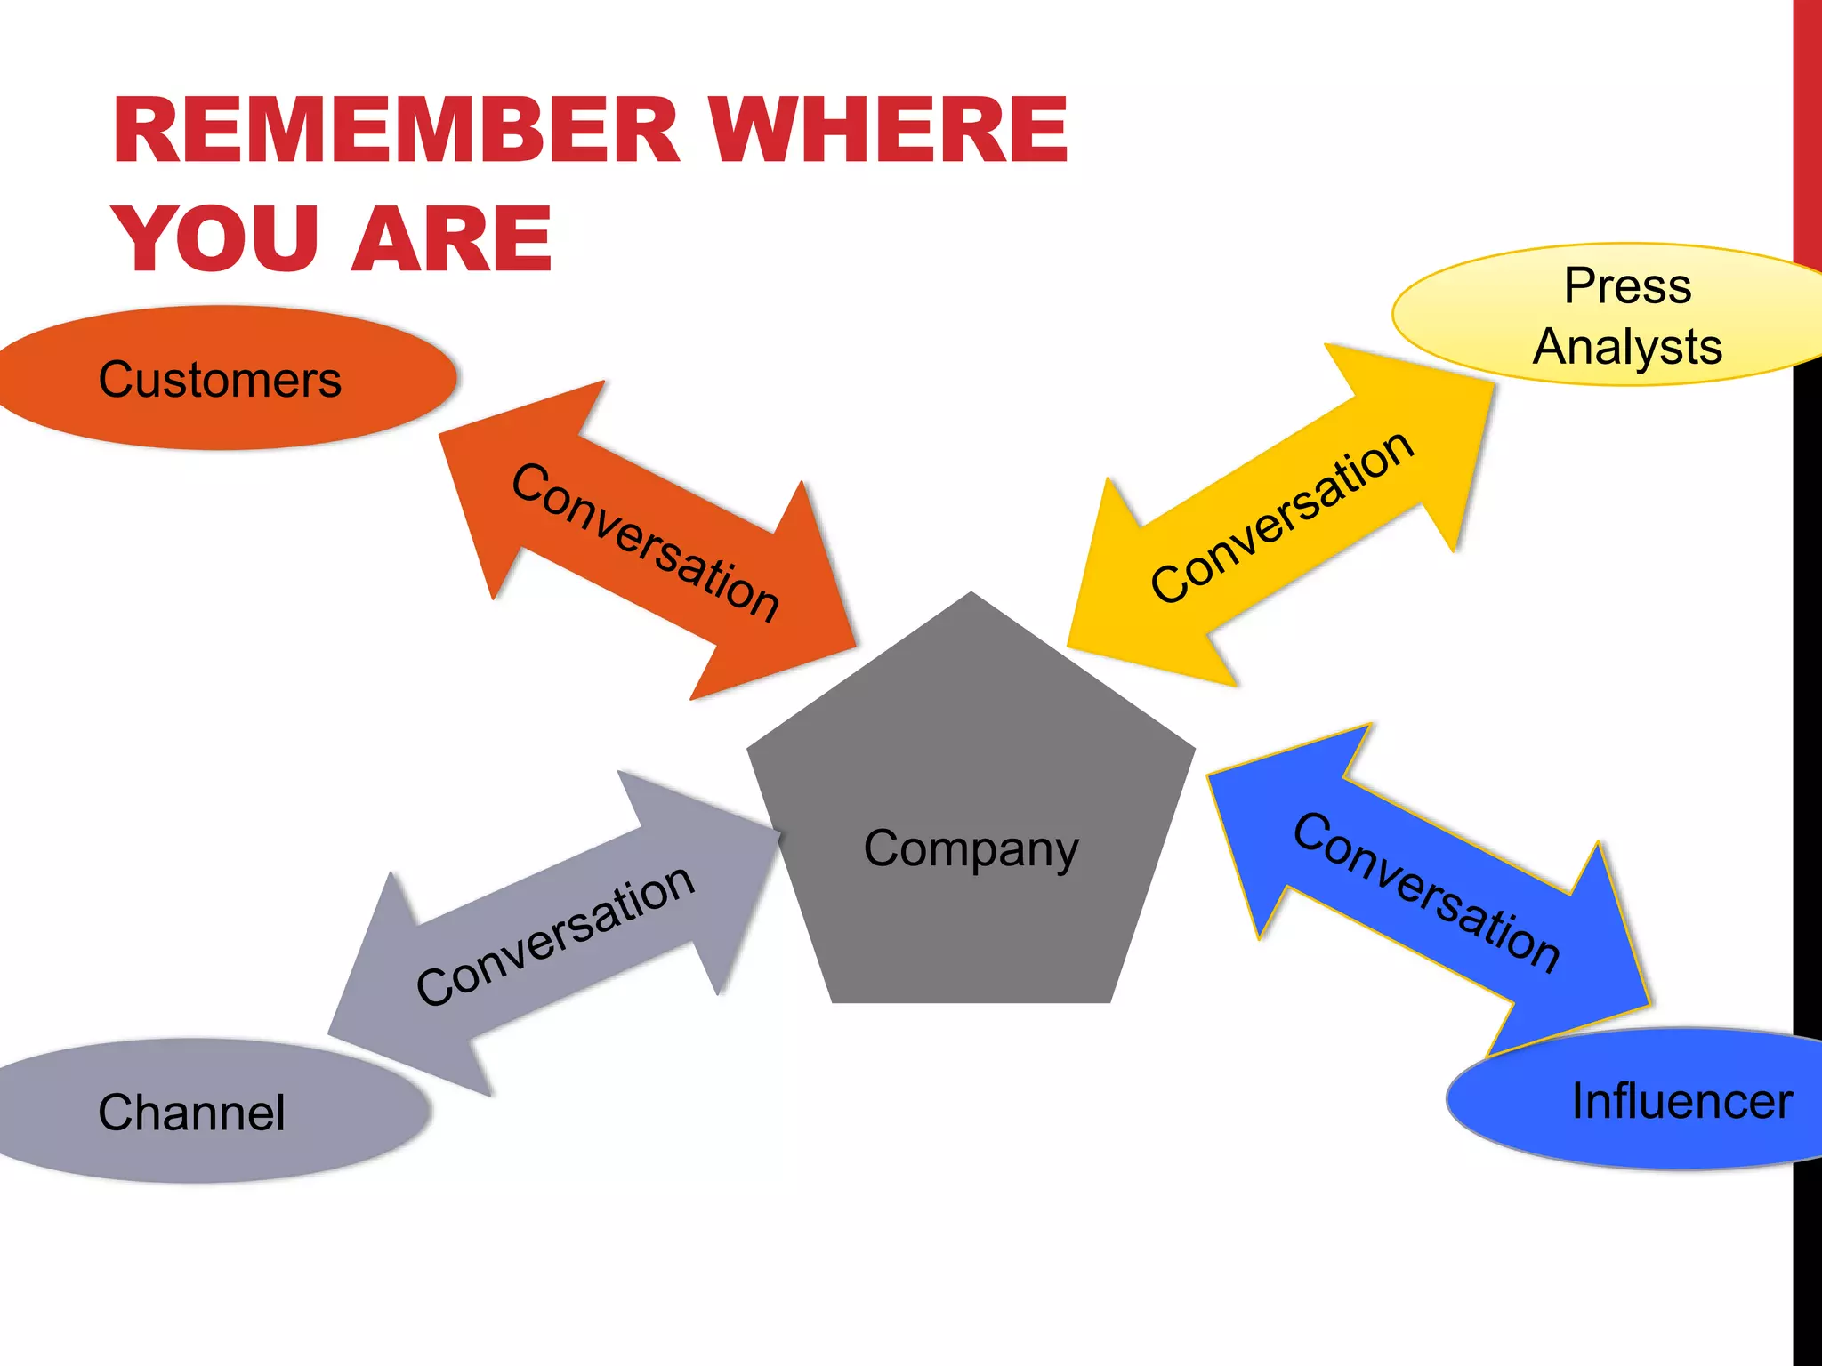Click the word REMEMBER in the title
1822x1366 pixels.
pyautogui.click(x=396, y=131)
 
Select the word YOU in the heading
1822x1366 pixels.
pyautogui.click(x=216, y=237)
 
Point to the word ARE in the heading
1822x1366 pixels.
pyautogui.click(x=452, y=237)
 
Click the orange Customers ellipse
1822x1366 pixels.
pyautogui.click(x=222, y=378)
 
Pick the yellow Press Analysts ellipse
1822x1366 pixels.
pyautogui.click(x=1610, y=315)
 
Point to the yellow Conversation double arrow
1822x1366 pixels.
pyautogui.click(x=1281, y=516)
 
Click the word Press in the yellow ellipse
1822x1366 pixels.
pyautogui.click(x=1627, y=286)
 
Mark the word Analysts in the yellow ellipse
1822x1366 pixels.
pyautogui.click(x=1627, y=347)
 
